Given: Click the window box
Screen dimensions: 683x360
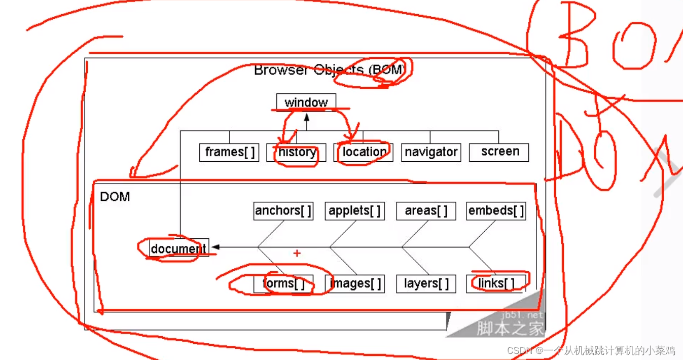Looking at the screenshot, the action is tap(306, 102).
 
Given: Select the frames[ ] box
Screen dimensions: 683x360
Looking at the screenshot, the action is tap(229, 152).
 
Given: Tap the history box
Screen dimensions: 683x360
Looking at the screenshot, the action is tap(297, 152).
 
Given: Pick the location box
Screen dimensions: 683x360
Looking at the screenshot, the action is tap(363, 152).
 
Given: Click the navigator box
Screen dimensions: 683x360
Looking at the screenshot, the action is tap(431, 152).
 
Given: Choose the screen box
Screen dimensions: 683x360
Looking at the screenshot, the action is tap(499, 152).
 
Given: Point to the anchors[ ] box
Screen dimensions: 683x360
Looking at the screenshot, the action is tap(283, 211).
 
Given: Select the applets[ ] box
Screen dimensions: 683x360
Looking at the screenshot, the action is tap(354, 211).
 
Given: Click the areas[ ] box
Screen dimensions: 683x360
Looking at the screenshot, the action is tap(426, 211).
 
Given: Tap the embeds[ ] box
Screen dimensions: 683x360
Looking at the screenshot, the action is tap(496, 211).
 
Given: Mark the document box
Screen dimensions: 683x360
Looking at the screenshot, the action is tap(178, 248).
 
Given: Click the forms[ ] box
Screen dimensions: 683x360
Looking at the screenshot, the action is tap(283, 283).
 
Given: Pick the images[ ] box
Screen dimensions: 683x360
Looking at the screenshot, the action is tap(354, 283).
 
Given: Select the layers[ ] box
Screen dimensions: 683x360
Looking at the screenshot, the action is tap(426, 283).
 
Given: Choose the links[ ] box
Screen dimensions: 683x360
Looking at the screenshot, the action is tap(496, 283).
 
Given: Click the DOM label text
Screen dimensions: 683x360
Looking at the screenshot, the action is tap(115, 197).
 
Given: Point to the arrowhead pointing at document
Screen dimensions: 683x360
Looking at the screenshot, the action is tap(215, 247).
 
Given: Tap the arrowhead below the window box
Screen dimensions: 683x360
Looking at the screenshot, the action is tap(306, 118).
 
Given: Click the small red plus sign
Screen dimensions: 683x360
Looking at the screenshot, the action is tap(297, 253).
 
